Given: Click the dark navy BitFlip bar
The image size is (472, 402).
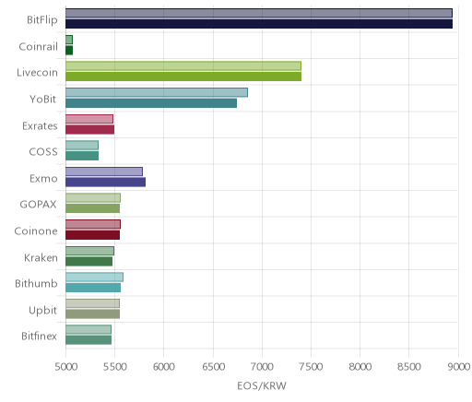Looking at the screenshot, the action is click(259, 24).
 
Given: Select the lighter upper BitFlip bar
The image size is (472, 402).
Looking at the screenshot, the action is click(259, 13).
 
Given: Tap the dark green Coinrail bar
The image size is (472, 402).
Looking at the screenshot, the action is click(69, 51).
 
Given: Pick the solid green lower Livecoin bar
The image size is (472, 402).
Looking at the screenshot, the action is click(183, 77).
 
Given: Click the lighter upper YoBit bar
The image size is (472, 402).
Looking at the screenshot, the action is click(157, 92).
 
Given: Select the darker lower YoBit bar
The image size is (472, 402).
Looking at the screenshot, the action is click(151, 103).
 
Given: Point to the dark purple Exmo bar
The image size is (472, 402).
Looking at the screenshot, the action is click(105, 183).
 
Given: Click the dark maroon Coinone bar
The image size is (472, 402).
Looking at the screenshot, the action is click(92, 235).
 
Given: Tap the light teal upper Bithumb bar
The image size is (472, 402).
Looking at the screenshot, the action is click(94, 278).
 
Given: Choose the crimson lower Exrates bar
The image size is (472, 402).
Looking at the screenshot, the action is click(89, 130).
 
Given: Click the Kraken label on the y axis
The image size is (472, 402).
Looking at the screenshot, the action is click(41, 257).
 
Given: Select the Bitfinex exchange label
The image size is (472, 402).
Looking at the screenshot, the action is click(39, 337).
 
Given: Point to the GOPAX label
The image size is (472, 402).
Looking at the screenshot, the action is click(38, 205).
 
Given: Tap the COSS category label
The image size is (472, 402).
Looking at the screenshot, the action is click(43, 152).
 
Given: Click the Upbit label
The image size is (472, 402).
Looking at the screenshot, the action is click(42, 311).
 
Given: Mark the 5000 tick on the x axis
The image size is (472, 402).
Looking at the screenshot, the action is click(66, 367).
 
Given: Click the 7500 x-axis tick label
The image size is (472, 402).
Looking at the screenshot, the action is click(311, 367).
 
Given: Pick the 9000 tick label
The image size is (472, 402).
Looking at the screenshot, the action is click(458, 367).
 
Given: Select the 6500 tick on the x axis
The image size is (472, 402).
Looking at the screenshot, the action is click(213, 367).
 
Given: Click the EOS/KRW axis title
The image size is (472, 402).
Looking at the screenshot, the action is click(262, 385).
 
